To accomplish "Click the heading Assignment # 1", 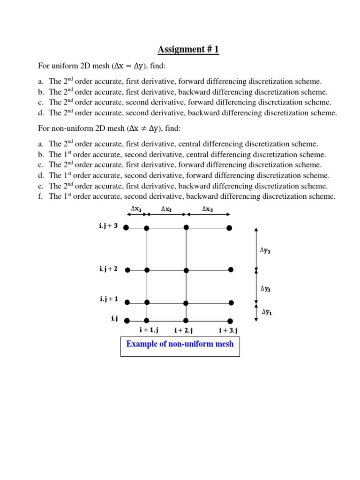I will pos(188,50).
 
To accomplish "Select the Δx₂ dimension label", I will pos(166,209).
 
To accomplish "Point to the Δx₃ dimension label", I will pos(207,209).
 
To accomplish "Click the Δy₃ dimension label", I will pos(265,250).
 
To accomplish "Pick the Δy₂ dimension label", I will pos(265,289).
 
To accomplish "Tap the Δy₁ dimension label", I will pos(266,311).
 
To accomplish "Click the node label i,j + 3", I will pos(108,226).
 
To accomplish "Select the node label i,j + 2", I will pos(108,269).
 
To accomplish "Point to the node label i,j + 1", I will pos(108,299).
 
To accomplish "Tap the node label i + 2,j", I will pos(184,330).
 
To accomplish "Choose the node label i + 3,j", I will pos(228,330).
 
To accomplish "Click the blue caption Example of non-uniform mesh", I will pos(180,344).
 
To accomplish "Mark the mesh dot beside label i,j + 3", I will pos(126,228).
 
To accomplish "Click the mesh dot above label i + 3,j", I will pos(230,321).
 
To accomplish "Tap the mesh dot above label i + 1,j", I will pos(146,321).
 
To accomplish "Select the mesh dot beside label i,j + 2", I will pos(127,270).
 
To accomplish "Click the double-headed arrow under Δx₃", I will pos(208,215).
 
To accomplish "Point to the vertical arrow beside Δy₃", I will pos(255,248).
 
